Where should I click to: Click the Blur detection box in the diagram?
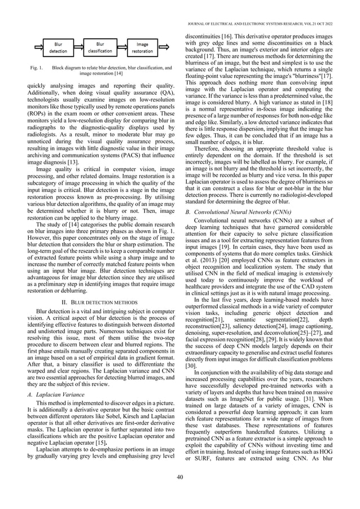click(58, 47)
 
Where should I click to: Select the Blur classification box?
click(100, 47)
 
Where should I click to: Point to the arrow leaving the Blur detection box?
click(79, 47)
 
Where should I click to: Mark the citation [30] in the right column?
click(191, 349)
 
